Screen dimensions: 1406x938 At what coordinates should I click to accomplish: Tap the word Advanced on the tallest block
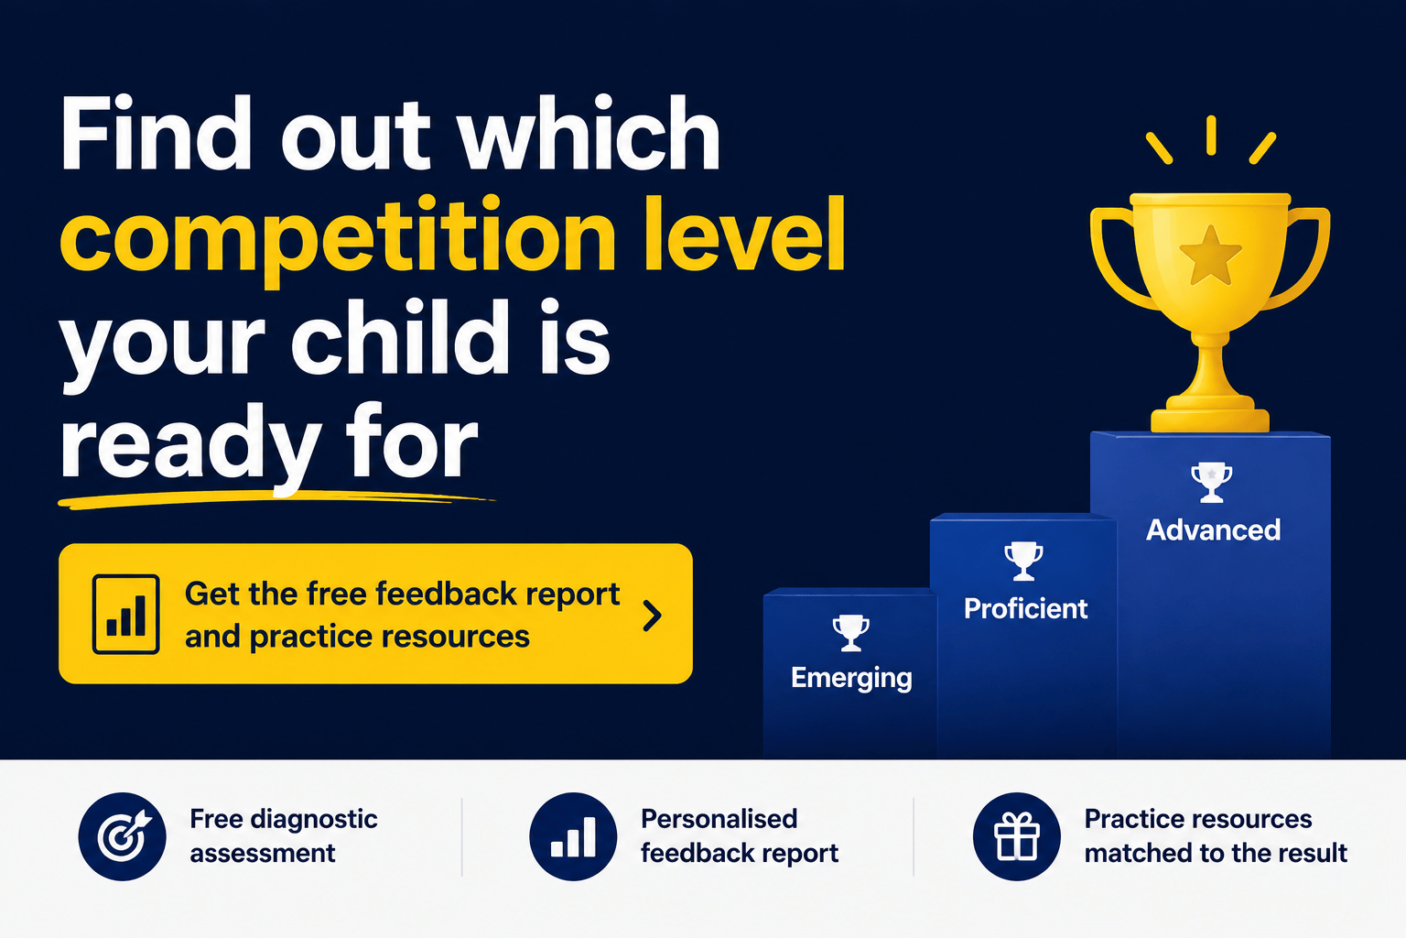point(1213,530)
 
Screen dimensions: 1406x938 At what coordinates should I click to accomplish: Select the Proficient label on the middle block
point(1025,609)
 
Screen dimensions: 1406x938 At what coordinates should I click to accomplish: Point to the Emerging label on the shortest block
point(852,679)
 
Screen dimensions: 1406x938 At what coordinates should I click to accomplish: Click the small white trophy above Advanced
point(1211,482)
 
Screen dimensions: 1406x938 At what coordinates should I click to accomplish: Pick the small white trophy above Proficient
point(1023,561)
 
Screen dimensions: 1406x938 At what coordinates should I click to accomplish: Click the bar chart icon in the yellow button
point(125,615)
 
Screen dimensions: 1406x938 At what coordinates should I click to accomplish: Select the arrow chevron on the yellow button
point(652,615)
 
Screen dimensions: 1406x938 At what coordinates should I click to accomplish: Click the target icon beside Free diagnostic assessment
point(123,836)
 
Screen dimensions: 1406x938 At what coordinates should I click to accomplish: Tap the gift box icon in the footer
point(1017,836)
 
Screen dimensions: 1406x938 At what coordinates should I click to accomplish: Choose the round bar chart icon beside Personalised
point(573,836)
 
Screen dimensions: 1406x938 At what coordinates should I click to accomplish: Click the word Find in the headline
point(155,133)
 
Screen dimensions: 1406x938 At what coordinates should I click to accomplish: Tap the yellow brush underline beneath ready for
point(276,499)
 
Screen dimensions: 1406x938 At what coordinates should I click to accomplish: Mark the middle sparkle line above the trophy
point(1211,135)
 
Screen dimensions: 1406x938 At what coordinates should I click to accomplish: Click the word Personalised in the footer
point(719,819)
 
